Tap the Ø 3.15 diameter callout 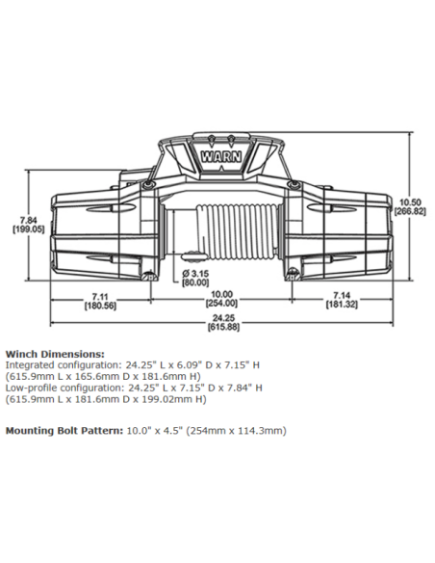pyautogui.click(x=196, y=274)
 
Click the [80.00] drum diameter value pyautogui.click(x=196, y=283)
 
